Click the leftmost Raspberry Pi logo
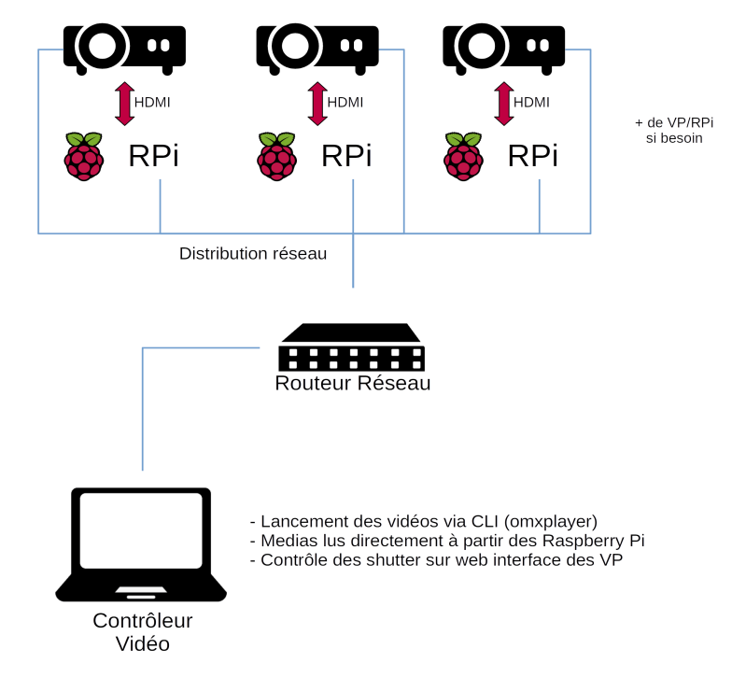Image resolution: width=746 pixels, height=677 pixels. pos(84,156)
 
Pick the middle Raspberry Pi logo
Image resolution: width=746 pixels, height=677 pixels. pos(277,156)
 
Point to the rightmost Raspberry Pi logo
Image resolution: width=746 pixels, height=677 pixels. pos(464,156)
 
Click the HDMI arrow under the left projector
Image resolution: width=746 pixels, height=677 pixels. pos(124,104)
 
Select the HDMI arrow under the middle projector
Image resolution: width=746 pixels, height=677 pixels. pos(317,104)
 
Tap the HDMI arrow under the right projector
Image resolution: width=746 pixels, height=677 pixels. pos(504,104)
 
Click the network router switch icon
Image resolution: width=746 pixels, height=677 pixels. pos(352,347)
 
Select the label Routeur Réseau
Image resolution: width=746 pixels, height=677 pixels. pos(352,384)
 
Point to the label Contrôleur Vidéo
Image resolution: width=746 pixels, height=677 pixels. pos(142,632)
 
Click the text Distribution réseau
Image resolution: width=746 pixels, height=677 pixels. pos(253,253)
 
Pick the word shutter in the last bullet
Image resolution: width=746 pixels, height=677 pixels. pos(391,560)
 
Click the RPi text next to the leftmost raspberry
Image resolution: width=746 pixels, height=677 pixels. pos(153,156)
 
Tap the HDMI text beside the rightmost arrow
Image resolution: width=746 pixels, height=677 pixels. pos(531,103)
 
